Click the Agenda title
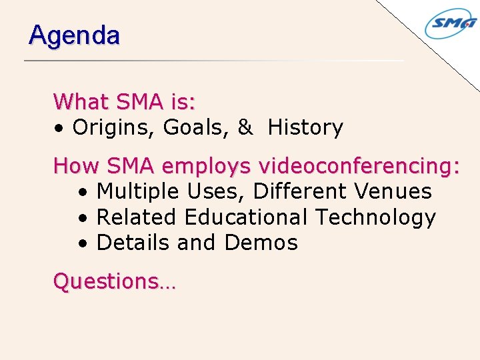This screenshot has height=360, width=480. tap(74, 35)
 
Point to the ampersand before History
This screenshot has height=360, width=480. tap(245, 127)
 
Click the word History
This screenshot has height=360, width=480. tap(305, 127)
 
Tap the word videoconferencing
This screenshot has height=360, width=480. tap(359, 165)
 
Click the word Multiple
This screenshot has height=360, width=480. tap(137, 192)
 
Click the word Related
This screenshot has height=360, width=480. tap(137, 217)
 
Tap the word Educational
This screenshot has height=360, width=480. tap(246, 217)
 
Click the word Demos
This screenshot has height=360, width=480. tap(261, 243)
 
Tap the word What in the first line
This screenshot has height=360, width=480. tap(81, 102)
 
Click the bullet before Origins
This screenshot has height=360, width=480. tap(60, 128)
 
